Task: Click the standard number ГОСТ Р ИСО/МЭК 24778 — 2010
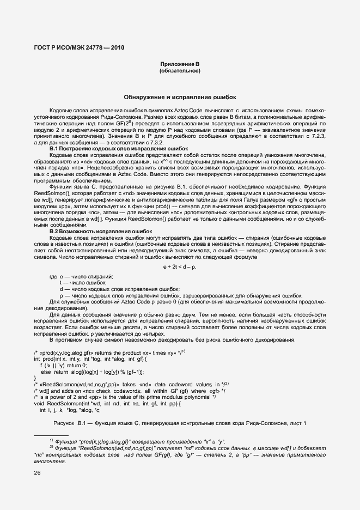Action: (x=79, y=47)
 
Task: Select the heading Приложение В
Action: (x=180, y=64)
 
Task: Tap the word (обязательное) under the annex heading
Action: (x=180, y=71)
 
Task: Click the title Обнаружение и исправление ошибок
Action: (x=180, y=97)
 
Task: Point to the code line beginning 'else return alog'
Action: (x=92, y=372)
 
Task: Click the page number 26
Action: (x=37, y=473)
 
